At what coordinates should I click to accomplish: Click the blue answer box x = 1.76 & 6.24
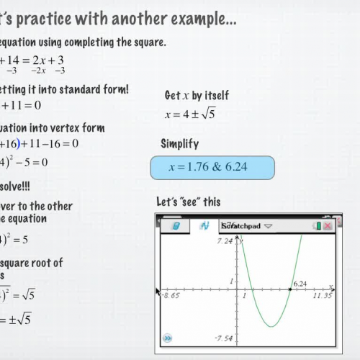click(x=212, y=168)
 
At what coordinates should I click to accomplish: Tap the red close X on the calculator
click(x=328, y=226)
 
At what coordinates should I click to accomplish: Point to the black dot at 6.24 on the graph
click(x=290, y=289)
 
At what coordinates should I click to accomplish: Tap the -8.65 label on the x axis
click(x=170, y=295)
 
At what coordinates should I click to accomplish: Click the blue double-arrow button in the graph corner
click(x=167, y=336)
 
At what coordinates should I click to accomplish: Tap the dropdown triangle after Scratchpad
click(x=269, y=226)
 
